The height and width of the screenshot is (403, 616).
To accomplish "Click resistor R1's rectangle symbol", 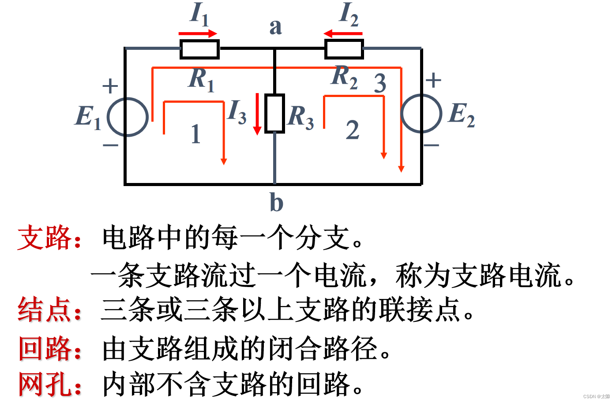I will coord(199,49).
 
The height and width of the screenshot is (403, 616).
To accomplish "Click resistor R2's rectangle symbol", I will coord(344,49).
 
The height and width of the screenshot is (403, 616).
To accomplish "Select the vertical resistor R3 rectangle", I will coord(274,113).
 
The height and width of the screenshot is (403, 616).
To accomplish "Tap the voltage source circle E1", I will coord(128,117).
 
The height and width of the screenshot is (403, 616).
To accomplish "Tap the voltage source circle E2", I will coord(421,113).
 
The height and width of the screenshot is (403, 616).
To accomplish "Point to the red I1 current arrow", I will coord(198,34).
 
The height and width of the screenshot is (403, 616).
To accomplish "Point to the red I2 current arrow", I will coord(343,34).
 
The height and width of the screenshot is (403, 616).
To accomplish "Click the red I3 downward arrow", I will coord(257,114).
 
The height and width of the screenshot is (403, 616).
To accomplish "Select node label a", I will coord(275,27).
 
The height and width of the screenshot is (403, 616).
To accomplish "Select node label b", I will coord(276,202).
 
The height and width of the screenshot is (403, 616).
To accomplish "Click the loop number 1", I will coord(196,134).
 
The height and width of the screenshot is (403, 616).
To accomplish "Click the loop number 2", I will coord(352,131).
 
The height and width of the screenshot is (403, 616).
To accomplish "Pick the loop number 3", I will coord(380,83).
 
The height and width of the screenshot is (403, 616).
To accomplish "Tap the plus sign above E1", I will coord(110,86).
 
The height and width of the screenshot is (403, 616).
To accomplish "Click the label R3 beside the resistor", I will coord(301,117).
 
